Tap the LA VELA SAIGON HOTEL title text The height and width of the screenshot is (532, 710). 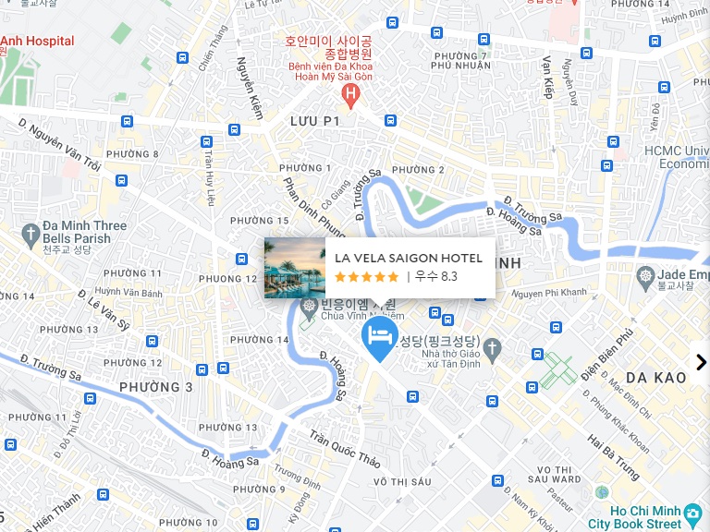coord(408,259)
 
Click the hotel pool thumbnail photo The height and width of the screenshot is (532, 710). coord(295,268)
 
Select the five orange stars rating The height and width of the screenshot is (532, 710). coord(366,276)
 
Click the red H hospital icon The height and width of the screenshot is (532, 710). coord(349,93)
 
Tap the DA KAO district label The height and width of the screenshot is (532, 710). coord(655,378)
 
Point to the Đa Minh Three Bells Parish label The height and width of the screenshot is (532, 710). coord(84,232)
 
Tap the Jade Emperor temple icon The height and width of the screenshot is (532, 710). coord(645,275)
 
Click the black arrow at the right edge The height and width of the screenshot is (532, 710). coord(700,362)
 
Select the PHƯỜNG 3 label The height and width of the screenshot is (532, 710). coord(156,387)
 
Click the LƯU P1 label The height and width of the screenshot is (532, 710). coord(315,121)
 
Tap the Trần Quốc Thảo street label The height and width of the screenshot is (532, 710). coord(344,448)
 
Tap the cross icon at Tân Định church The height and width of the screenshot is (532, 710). coord(493,349)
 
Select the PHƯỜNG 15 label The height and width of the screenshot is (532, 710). coord(259,221)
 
